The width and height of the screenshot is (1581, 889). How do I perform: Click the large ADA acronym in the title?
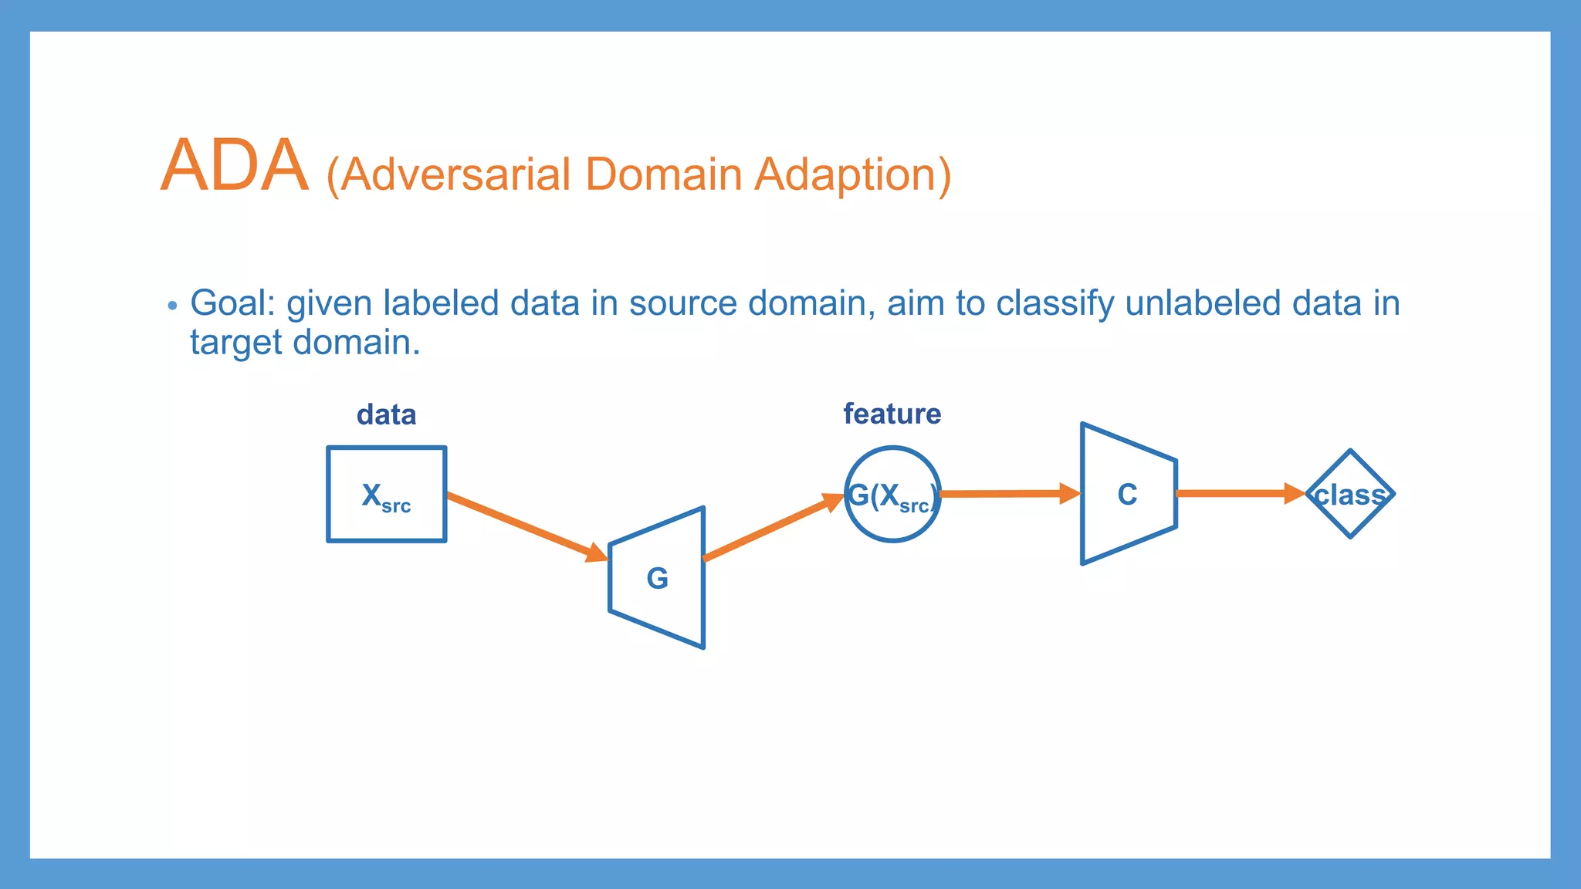tap(234, 166)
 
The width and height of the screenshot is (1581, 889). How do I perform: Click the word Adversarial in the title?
tap(455, 174)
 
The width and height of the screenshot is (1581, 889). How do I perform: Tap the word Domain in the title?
tap(663, 174)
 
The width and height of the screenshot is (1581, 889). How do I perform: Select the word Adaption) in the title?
tap(852, 176)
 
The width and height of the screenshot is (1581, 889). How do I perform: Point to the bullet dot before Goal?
tap(172, 306)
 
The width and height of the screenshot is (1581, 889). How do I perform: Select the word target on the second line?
tap(235, 343)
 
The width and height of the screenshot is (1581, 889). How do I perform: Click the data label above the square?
tap(386, 415)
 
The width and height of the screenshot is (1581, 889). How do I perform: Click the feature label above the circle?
tap(892, 414)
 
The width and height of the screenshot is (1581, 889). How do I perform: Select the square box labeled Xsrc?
tap(386, 495)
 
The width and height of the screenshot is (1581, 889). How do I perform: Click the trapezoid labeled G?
tap(658, 578)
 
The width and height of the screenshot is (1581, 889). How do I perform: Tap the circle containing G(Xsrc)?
tap(892, 495)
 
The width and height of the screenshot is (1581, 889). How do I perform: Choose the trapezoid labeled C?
tap(1128, 494)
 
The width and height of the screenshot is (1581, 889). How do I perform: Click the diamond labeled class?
tap(1350, 494)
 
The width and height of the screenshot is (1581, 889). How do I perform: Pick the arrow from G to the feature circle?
tap(773, 528)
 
